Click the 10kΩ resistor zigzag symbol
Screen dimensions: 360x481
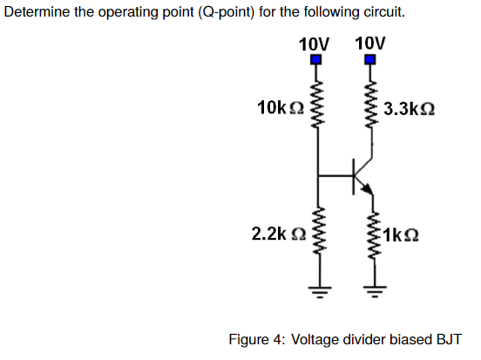[x=317, y=105]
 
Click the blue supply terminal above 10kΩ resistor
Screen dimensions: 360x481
[x=317, y=60]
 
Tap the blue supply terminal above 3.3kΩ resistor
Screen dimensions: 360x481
[x=370, y=60]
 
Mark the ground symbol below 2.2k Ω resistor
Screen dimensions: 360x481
[x=317, y=286]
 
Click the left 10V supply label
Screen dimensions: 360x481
[x=314, y=44]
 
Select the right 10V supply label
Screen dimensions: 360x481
[x=370, y=43]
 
